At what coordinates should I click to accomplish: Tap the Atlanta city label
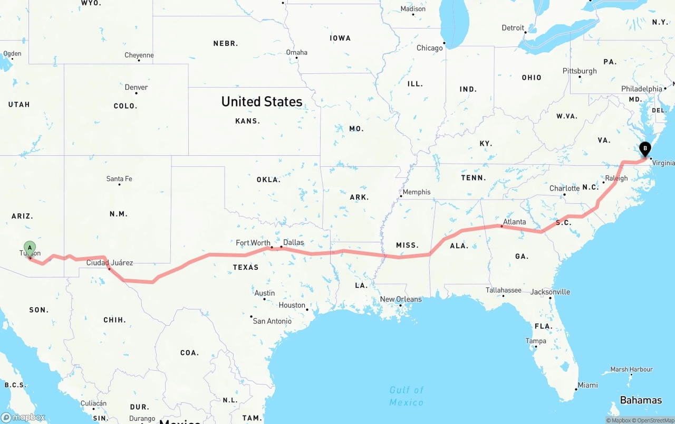(x=514, y=222)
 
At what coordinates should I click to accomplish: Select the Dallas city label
(x=293, y=242)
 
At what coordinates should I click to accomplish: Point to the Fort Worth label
(x=253, y=243)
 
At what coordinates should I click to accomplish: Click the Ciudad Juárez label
(x=110, y=262)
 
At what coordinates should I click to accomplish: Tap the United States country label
(x=262, y=101)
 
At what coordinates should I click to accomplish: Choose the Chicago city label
(x=430, y=48)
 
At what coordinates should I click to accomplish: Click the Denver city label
(x=136, y=87)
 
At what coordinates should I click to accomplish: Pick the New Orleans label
(x=401, y=299)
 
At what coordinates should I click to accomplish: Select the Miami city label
(x=587, y=385)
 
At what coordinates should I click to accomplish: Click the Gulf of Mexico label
(x=407, y=396)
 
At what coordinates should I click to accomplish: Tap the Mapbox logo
(x=23, y=417)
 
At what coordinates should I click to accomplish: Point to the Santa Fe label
(x=119, y=178)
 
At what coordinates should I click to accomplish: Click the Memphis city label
(x=417, y=192)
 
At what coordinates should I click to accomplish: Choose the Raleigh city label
(x=616, y=178)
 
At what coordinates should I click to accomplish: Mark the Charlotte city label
(x=564, y=188)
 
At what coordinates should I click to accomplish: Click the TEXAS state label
(x=246, y=267)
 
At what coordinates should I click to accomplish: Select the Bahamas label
(x=641, y=400)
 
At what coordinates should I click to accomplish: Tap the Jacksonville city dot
(x=550, y=298)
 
